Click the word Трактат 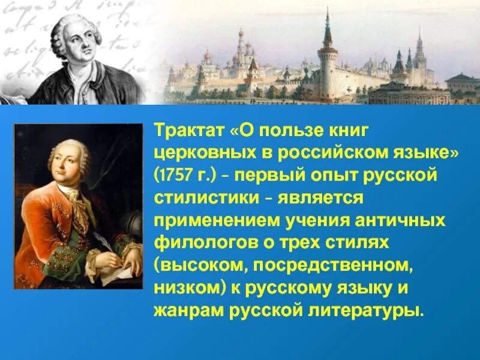click(188, 130)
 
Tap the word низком click(189, 289)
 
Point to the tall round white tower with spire click(328, 66)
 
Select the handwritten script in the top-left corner click(24, 30)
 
